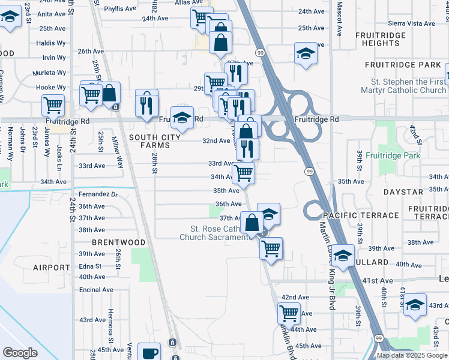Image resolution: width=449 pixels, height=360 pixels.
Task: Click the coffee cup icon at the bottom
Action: point(149,352)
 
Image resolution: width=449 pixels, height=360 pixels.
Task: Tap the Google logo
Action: point(20,353)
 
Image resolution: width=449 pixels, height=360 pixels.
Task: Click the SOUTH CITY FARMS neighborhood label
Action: point(155,142)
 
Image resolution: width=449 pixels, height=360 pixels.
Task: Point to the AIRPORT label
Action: point(52,268)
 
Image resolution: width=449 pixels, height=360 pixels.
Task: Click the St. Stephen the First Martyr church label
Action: point(408,86)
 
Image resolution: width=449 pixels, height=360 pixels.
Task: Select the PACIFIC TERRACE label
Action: point(360,215)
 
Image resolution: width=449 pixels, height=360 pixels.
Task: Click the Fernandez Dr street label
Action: point(98,195)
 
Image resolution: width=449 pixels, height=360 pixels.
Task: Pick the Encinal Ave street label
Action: point(96,290)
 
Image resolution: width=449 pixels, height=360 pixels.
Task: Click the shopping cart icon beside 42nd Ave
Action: point(289,313)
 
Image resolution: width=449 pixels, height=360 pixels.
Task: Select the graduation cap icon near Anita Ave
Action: point(10,17)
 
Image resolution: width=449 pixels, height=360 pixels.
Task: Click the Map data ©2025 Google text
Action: point(412,355)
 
